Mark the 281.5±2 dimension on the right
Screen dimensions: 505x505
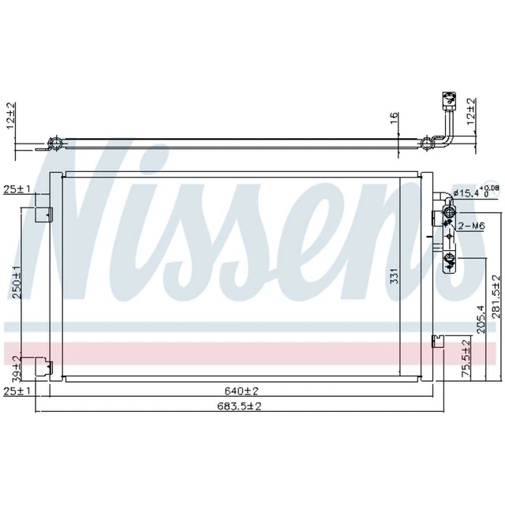point(495,297)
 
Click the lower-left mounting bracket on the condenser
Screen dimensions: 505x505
point(44,368)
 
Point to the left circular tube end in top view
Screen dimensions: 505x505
point(57,144)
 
